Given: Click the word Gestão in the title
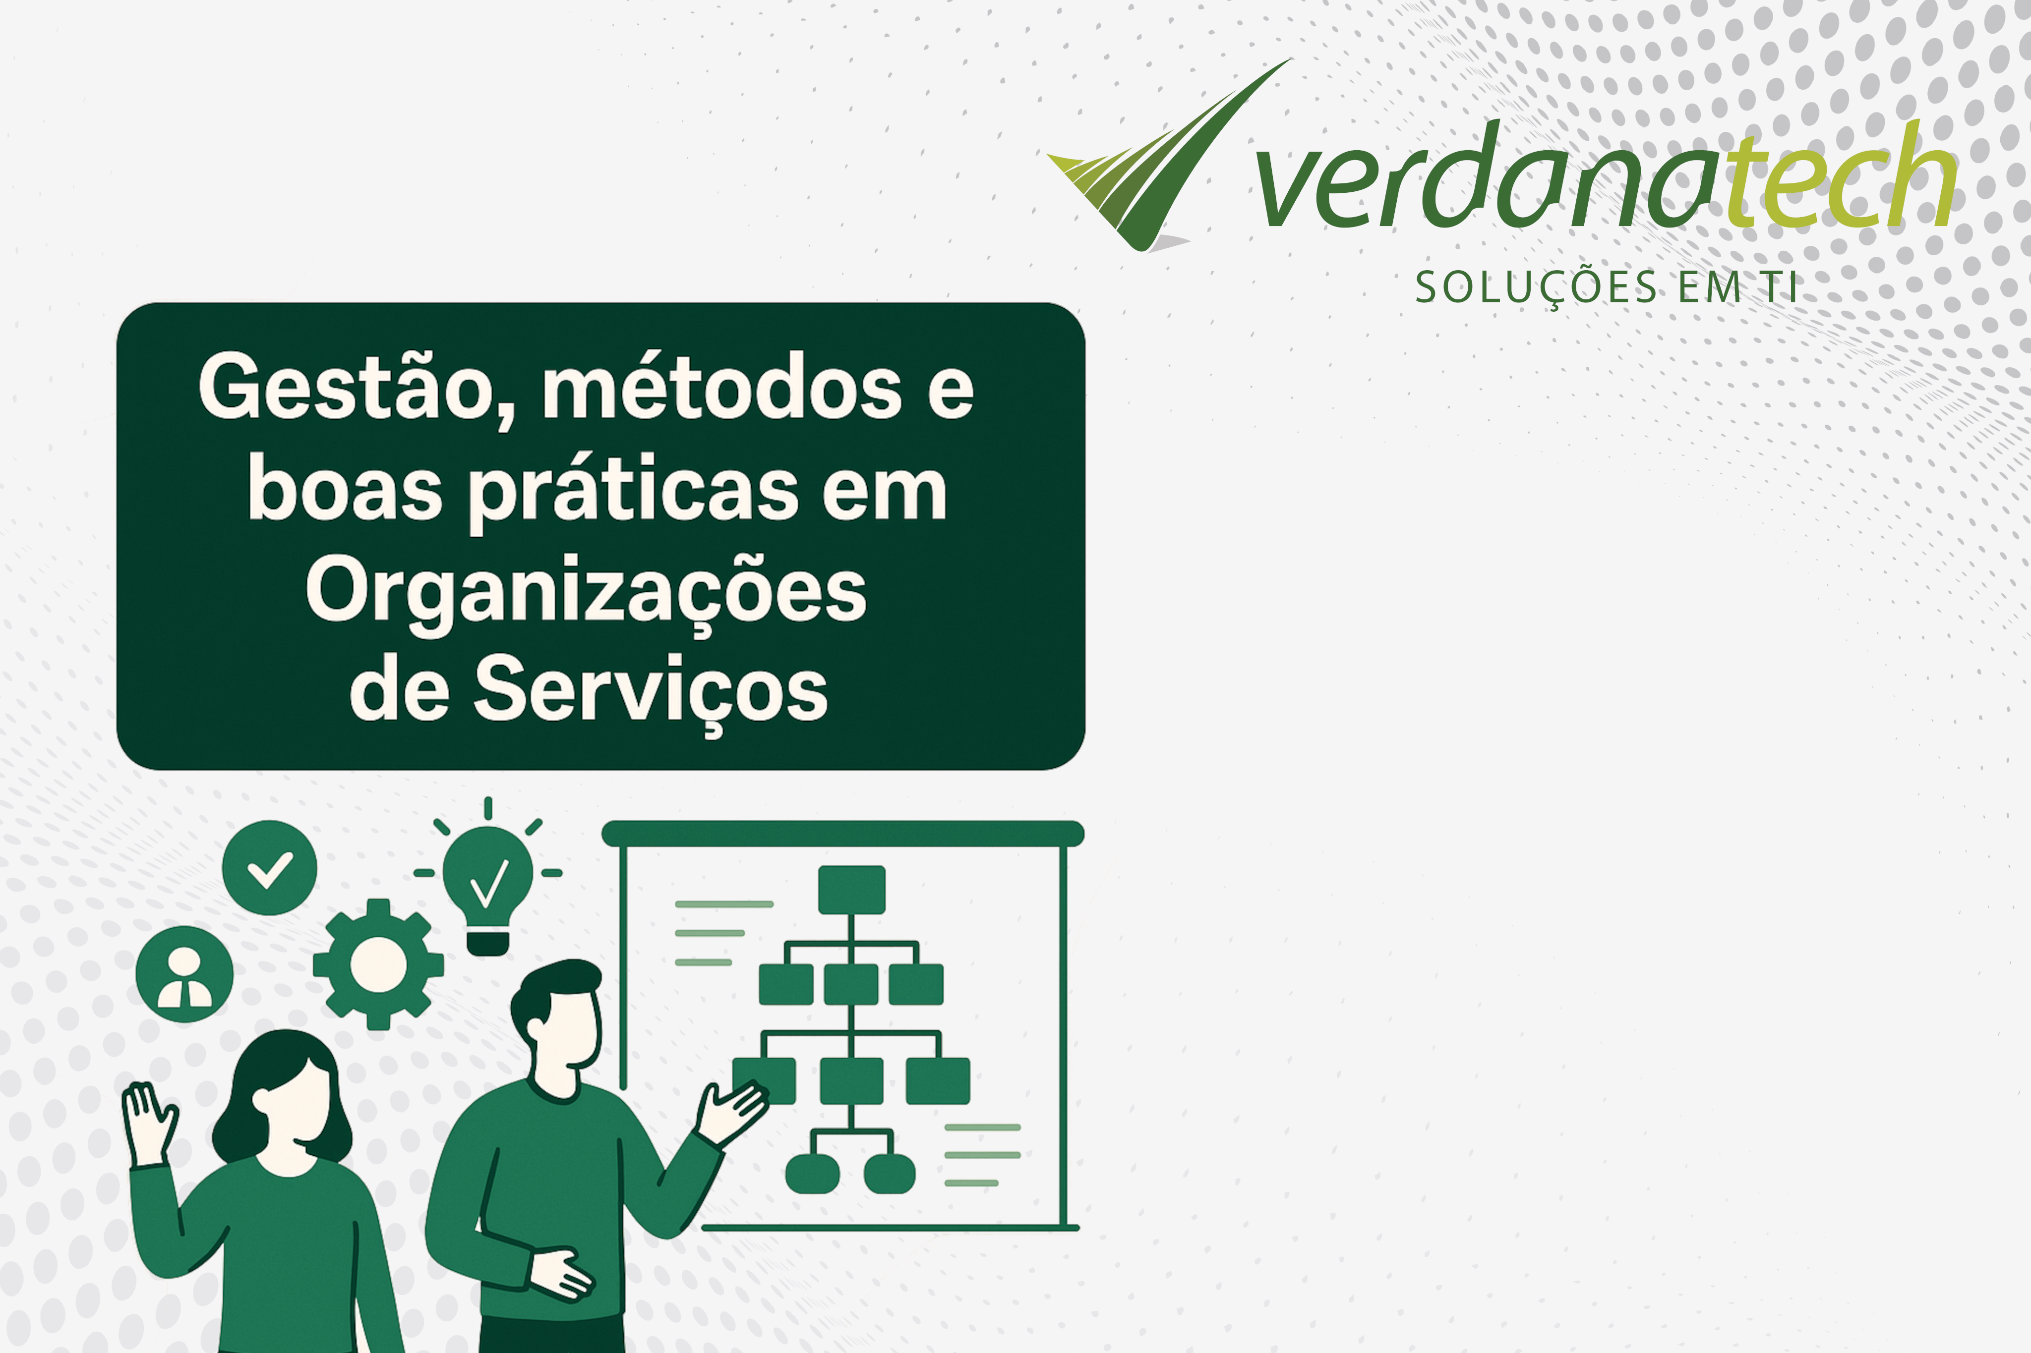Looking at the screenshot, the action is point(345,388).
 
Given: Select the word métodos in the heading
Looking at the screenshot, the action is point(721,388).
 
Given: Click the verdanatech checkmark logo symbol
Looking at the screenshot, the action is point(1170,155).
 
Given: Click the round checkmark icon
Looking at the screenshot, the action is point(269,867).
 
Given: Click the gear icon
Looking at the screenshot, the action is point(378,964).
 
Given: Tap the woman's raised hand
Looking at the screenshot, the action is point(149,1122).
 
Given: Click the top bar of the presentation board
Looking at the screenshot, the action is point(842,834).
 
